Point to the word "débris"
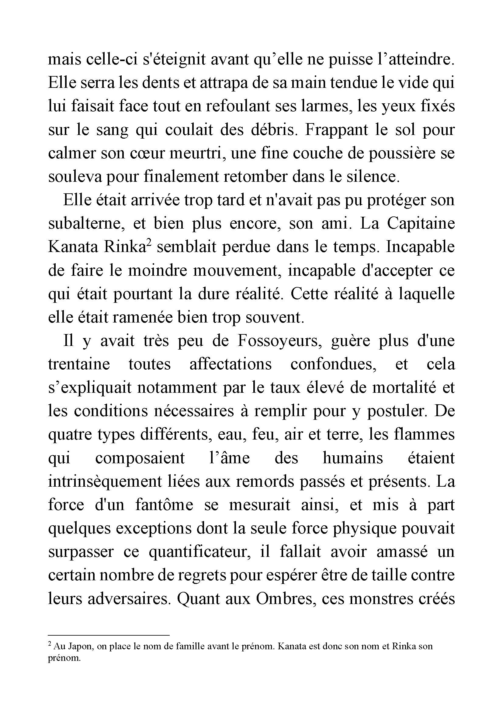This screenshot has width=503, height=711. click(x=273, y=130)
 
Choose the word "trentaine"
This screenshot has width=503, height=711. click(x=79, y=364)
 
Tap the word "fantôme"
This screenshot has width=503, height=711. click(x=164, y=505)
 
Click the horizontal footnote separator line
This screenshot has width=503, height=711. click(x=109, y=635)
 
